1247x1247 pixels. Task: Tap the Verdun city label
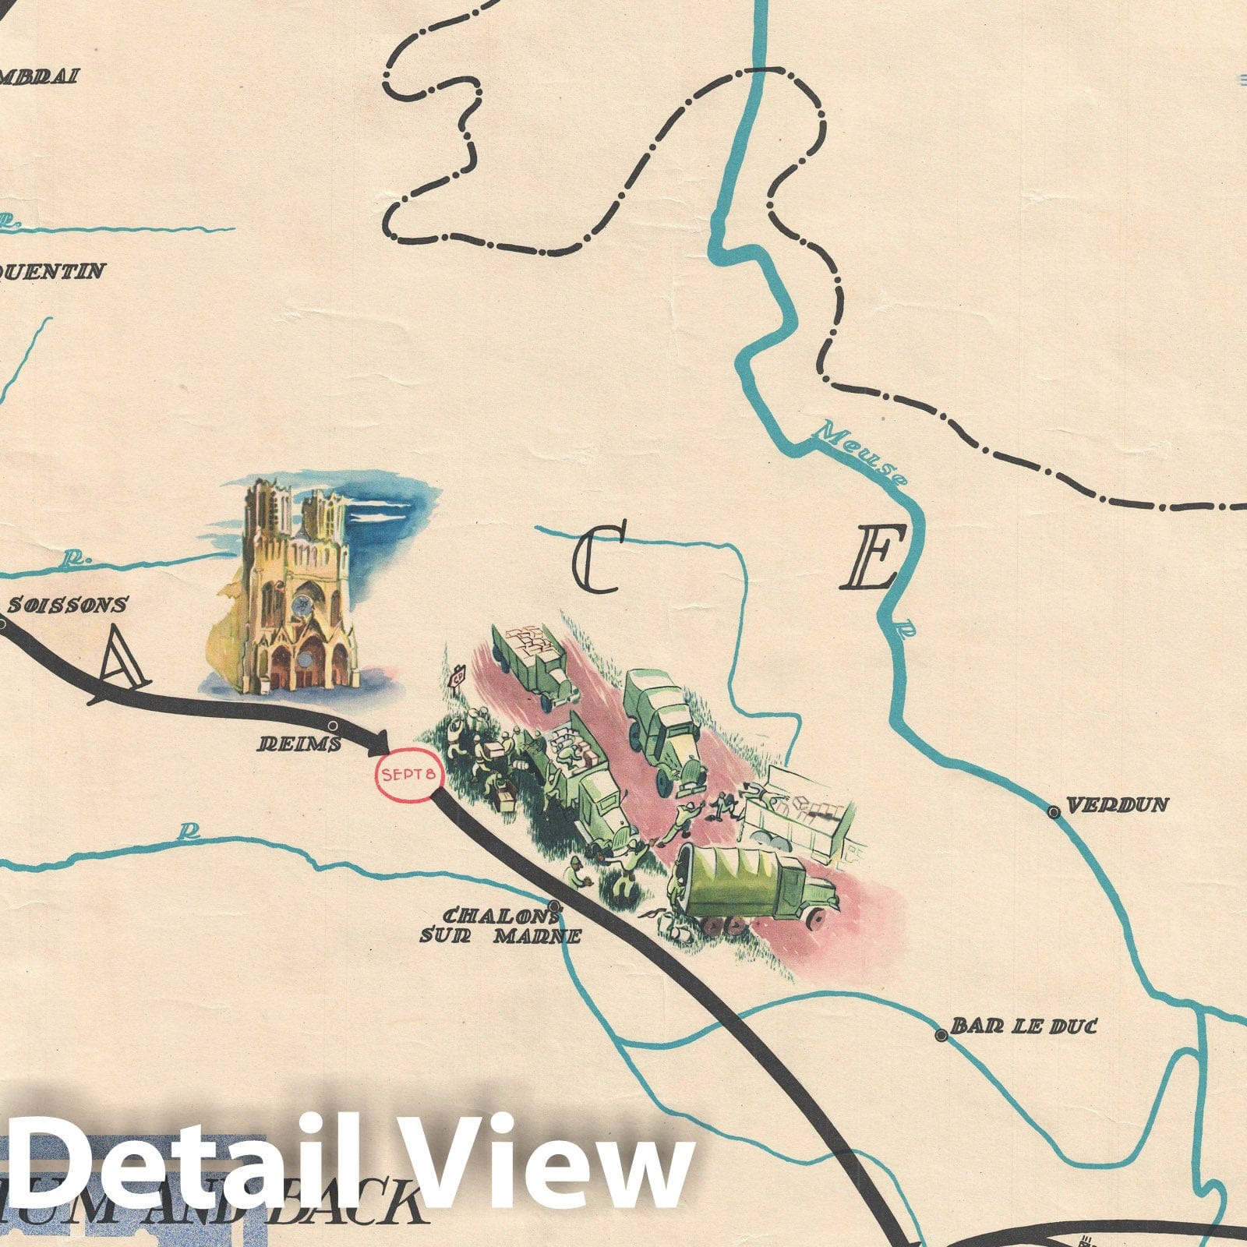pos(1117,805)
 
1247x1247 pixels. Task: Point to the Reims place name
pos(300,744)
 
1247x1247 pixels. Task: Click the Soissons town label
pos(68,605)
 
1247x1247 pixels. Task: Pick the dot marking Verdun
pos(1054,812)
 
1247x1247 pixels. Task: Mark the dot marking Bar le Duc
pos(941,1035)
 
